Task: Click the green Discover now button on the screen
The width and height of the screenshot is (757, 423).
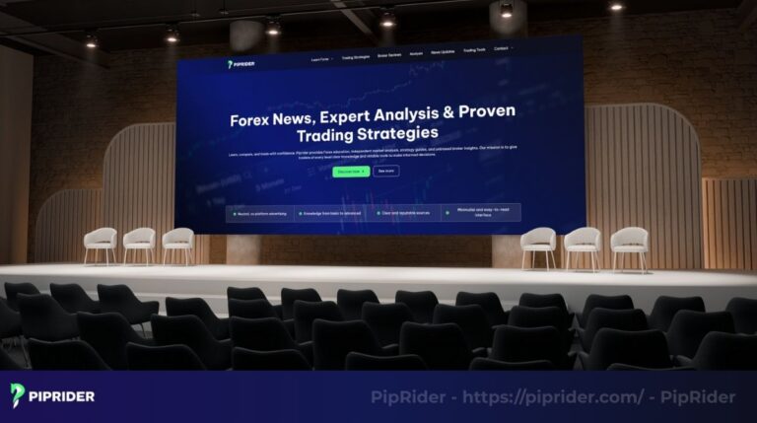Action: (x=351, y=171)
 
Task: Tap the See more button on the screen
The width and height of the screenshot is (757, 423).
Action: (x=385, y=171)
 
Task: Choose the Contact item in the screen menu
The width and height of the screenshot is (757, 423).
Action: (x=503, y=48)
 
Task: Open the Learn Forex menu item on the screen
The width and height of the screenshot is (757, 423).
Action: (x=321, y=58)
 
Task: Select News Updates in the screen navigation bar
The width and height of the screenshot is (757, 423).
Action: (x=443, y=51)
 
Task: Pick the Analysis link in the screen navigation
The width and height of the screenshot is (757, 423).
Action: (x=416, y=53)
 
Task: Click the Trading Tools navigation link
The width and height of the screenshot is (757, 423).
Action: (x=474, y=50)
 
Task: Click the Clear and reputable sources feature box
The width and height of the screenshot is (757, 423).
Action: (x=406, y=212)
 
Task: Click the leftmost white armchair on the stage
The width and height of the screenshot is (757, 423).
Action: (x=100, y=243)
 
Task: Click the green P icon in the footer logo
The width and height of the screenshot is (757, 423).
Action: (x=18, y=395)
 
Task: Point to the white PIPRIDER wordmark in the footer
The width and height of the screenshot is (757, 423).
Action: (x=63, y=396)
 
